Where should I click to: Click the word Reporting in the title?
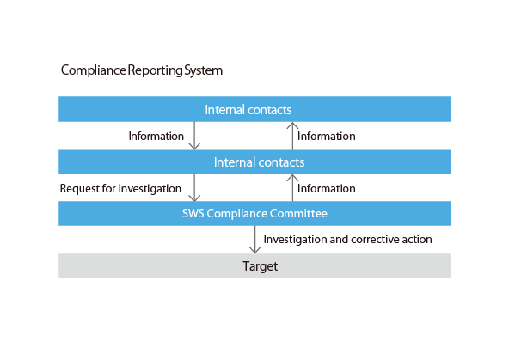(155, 70)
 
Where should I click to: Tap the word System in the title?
(203, 70)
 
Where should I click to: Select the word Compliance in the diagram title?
(94, 70)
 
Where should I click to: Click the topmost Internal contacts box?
(254, 109)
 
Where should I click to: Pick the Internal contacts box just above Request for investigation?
(254, 162)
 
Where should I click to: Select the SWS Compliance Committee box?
(254, 213)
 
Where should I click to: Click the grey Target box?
(254, 265)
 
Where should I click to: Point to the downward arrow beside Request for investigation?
(194, 187)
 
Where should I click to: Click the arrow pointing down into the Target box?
(254, 240)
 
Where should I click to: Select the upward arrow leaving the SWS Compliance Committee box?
(292, 187)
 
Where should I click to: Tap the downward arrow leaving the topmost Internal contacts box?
(194, 136)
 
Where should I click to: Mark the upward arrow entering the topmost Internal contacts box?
(292, 136)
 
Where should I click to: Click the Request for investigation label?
(120, 189)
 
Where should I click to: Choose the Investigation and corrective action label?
(348, 240)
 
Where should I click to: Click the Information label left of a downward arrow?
(156, 137)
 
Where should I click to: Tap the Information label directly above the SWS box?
(327, 189)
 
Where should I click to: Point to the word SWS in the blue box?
(193, 214)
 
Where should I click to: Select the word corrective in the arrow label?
(375, 240)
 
